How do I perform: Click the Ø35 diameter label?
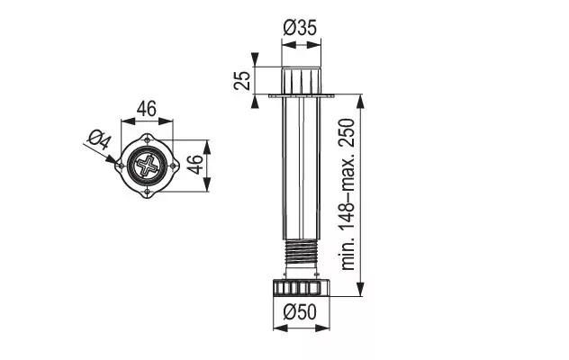(x=300, y=28)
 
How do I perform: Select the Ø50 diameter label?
(x=300, y=311)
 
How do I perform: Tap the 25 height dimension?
(x=242, y=81)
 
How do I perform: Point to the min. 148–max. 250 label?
(x=348, y=194)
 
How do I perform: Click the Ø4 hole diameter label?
(x=99, y=139)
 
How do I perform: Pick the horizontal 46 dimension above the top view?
(x=147, y=109)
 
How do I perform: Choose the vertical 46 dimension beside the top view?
(x=195, y=165)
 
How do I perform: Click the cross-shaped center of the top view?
(x=147, y=166)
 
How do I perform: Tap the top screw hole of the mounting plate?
(x=147, y=139)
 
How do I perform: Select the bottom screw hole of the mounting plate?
(x=147, y=192)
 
